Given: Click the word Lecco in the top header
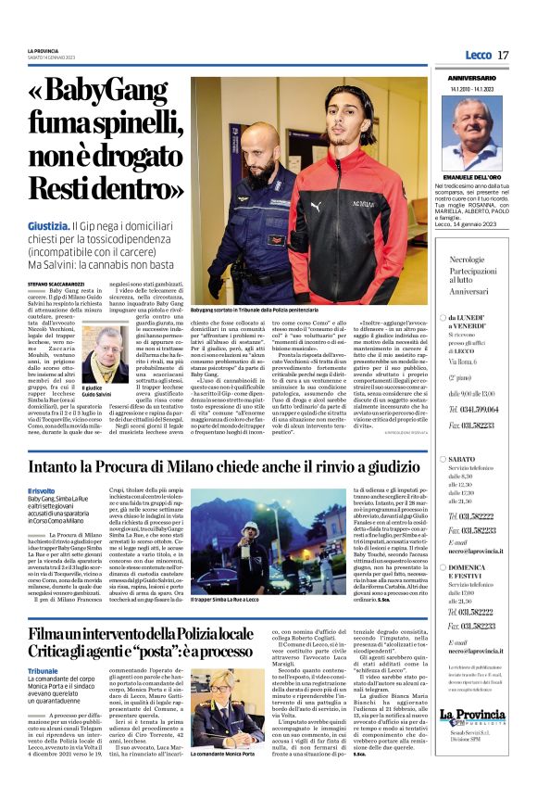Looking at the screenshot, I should tap(478, 56).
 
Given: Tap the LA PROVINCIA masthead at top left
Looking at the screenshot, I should tap(44, 51).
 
